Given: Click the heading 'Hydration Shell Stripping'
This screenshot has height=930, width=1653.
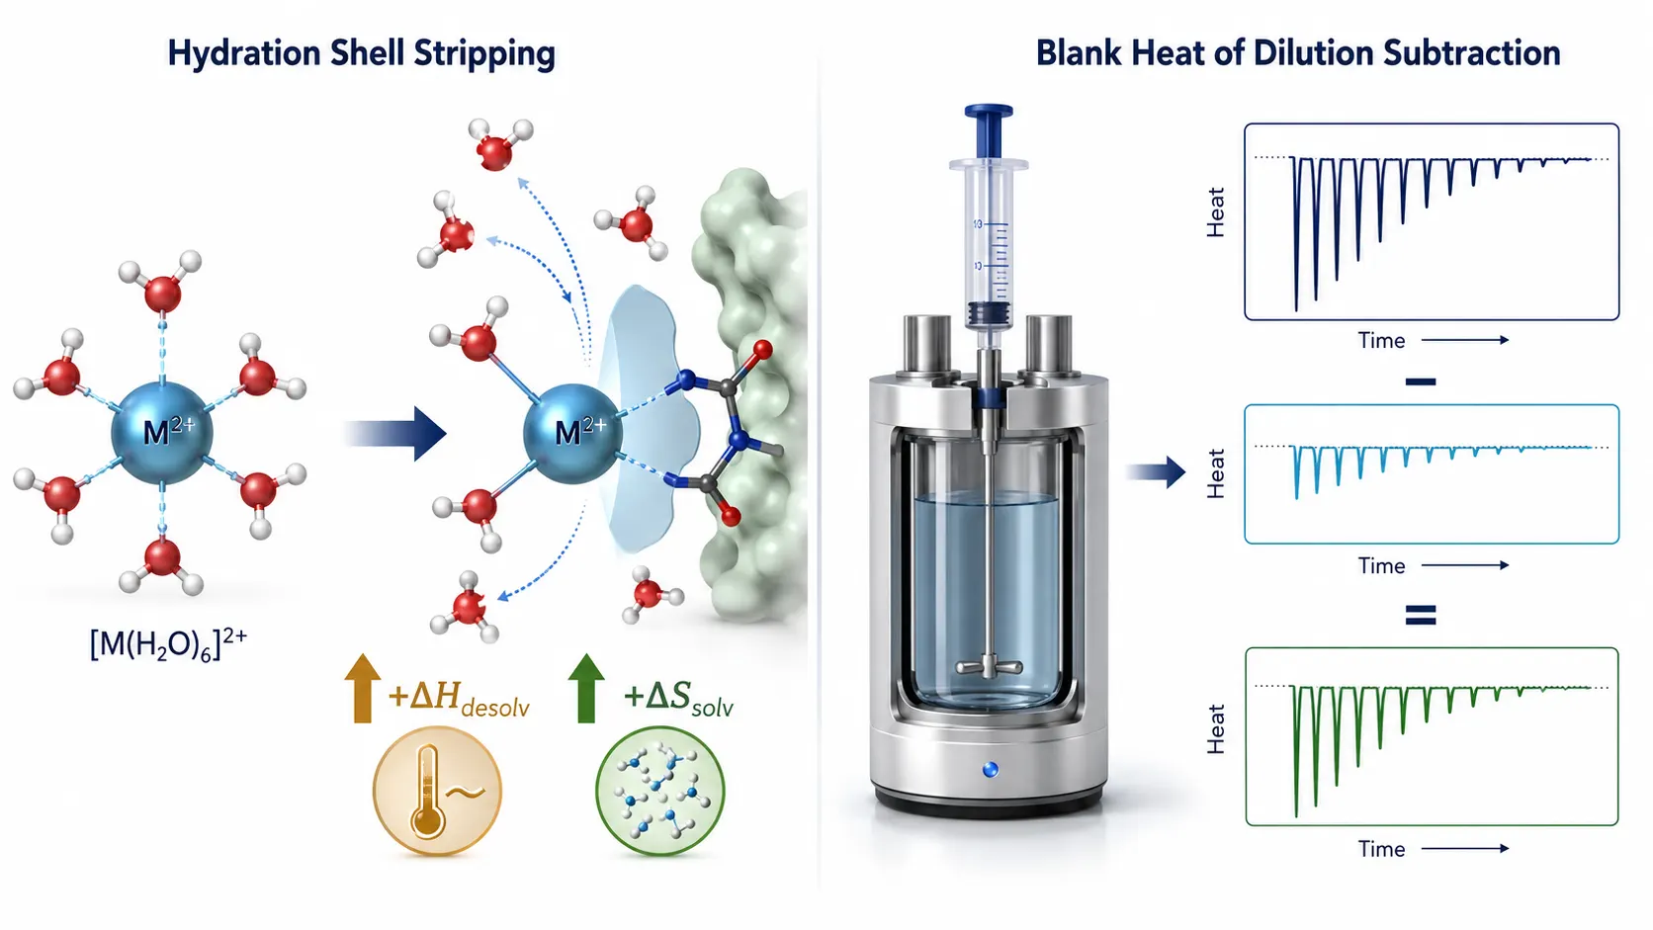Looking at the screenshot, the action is coord(361,53).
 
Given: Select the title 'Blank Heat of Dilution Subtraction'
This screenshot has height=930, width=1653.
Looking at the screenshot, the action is coord(1297,53).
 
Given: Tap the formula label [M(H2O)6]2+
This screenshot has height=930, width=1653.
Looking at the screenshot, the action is coord(167,643).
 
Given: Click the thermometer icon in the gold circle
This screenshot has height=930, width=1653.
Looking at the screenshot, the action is coord(428,792).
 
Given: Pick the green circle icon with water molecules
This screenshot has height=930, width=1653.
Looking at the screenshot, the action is coord(659,792).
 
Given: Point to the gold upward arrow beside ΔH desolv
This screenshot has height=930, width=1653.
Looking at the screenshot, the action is coord(362,687).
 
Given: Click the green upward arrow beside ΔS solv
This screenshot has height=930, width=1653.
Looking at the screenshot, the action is coord(586,687).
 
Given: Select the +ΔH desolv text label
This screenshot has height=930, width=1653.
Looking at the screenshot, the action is coord(459,699).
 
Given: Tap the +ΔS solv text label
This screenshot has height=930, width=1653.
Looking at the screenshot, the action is coord(679,699).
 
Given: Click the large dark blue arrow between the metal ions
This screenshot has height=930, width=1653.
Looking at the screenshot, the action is coord(394,434).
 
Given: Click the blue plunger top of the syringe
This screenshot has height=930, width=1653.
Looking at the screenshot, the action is coord(989,130).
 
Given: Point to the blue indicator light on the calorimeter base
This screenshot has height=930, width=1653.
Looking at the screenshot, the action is coord(991,770).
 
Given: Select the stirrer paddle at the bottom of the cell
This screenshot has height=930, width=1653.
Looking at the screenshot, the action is coord(989,666).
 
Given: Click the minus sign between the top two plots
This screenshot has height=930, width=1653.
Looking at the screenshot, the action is coord(1421,381).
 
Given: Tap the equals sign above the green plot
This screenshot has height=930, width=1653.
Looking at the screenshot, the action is coord(1421,615).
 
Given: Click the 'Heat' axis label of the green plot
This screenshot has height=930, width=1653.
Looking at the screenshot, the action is coord(1215,729).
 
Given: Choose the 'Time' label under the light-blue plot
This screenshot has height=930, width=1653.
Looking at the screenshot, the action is coord(1381,565).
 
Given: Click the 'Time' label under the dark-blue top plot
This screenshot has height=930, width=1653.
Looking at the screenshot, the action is coord(1381,341).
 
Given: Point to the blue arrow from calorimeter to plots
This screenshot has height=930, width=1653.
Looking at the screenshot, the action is coord(1156,472).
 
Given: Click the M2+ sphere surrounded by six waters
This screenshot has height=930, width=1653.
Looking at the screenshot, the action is coord(162,433).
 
